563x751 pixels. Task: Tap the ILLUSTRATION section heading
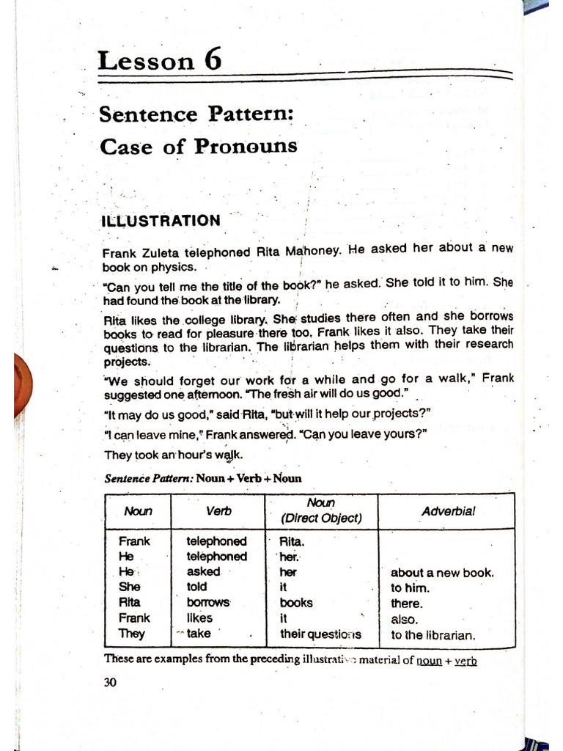click(x=161, y=221)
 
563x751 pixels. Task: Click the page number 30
click(x=110, y=682)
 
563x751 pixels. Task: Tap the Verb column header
click(x=218, y=511)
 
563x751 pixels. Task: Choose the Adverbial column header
click(x=448, y=511)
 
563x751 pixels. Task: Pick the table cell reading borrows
click(x=208, y=603)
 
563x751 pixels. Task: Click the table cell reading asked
click(x=203, y=571)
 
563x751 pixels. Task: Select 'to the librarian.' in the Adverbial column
click(x=433, y=635)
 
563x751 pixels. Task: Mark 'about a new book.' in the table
click(x=442, y=573)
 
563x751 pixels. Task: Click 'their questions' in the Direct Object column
click(x=320, y=634)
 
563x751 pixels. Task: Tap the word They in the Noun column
click(x=132, y=634)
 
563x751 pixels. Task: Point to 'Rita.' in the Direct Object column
click(x=292, y=541)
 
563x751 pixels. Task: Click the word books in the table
click(x=296, y=603)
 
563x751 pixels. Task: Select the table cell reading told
click(x=196, y=587)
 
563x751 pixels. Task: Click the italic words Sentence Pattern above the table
click(x=149, y=479)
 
